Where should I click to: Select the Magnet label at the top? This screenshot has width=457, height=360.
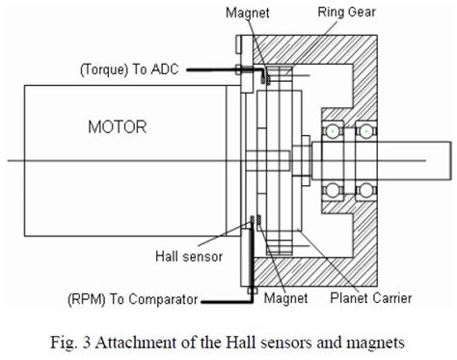coord(247,13)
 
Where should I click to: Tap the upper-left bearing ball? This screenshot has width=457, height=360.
coord(335,129)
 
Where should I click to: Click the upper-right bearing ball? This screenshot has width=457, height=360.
coord(367,129)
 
